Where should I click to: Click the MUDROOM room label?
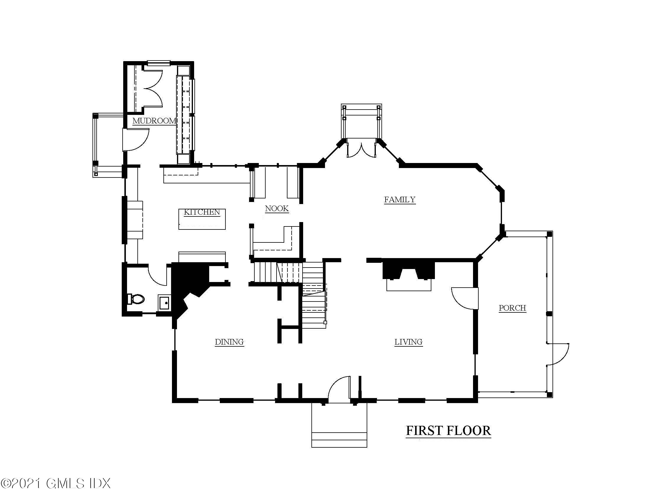point(154,121)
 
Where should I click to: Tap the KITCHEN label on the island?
point(202,212)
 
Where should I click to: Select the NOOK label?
point(277,208)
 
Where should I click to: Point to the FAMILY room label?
point(399,199)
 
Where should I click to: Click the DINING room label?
point(229,342)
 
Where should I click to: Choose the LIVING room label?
point(408,342)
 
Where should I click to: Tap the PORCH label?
point(512,308)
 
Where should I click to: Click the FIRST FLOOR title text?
point(448,431)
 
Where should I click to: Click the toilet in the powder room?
point(136,299)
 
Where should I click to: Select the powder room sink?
point(165,303)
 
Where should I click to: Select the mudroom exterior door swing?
point(136,139)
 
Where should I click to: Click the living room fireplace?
point(409,275)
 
